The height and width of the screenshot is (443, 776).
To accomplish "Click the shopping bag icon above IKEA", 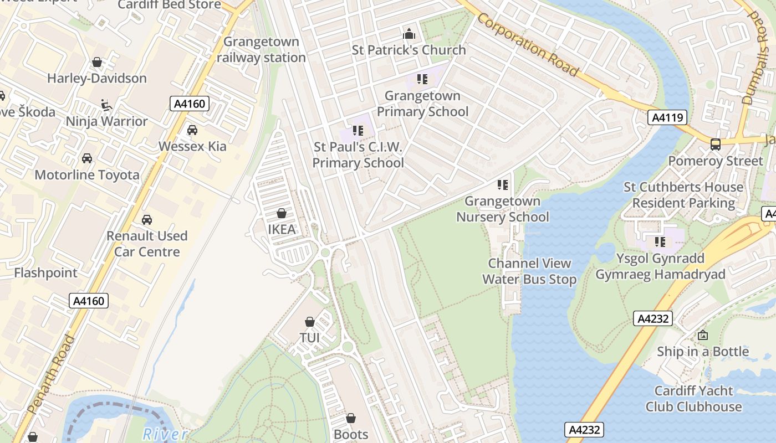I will click(282, 213).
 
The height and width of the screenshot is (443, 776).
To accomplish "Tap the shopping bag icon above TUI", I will click(310, 322).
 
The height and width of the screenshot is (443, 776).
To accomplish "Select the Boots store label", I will click(351, 435).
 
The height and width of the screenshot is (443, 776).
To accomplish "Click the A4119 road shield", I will click(667, 117).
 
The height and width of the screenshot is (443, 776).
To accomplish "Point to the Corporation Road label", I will click(527, 46).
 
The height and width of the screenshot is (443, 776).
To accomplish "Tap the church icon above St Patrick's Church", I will click(409, 34).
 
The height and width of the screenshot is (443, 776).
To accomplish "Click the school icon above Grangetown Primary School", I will click(422, 80).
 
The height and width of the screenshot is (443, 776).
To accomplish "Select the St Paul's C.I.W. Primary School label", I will click(358, 155).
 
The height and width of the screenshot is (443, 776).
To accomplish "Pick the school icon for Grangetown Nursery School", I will click(503, 185).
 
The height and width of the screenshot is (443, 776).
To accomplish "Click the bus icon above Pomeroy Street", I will click(716, 145).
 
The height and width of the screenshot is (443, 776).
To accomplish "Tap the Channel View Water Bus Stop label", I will click(529, 271).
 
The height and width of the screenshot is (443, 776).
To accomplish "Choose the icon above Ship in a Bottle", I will click(703, 335).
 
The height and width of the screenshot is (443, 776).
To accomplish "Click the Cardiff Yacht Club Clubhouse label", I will click(693, 399).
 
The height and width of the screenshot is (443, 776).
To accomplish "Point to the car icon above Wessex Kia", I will click(192, 130).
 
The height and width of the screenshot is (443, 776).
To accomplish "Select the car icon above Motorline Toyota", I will click(87, 159).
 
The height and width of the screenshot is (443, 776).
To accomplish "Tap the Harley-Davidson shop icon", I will click(97, 62).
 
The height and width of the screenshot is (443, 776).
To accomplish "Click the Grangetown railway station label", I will click(261, 50).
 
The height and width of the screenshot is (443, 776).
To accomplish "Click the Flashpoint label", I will click(46, 273).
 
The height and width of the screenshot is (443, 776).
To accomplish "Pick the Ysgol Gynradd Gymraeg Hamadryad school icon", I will click(660, 242).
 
